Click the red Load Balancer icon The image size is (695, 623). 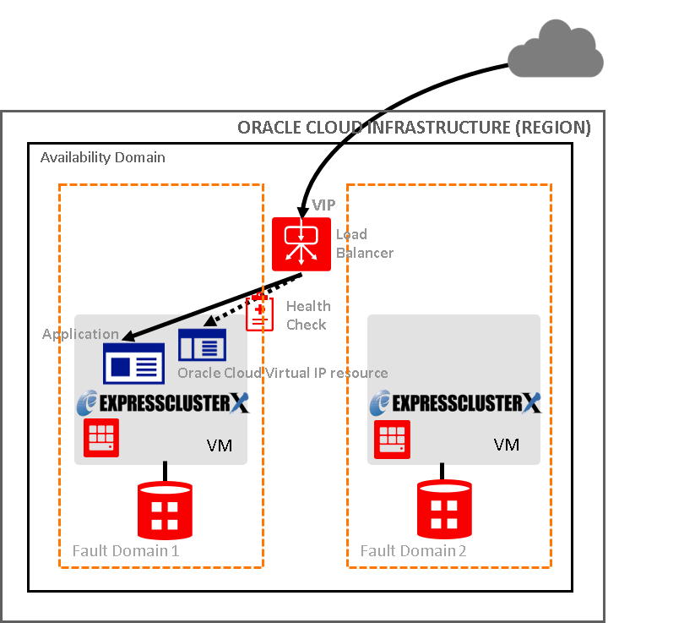point(301,243)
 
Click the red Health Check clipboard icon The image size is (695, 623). point(259,313)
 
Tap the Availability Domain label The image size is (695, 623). point(103,158)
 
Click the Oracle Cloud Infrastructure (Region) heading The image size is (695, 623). point(414,128)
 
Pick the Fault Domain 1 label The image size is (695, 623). point(126,550)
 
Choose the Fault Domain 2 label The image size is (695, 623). point(414,550)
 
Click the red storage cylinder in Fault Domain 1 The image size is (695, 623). point(166,511)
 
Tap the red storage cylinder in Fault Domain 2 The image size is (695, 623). point(443,511)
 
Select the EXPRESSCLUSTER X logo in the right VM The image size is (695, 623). point(456,403)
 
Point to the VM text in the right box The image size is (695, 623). point(507,445)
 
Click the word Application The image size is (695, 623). point(81,335)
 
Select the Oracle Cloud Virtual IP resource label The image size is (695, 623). point(282,374)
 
